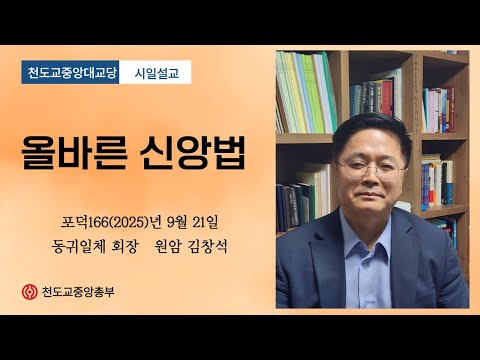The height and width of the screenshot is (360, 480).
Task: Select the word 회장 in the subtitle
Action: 125,244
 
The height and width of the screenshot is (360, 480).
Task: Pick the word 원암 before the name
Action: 166,244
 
